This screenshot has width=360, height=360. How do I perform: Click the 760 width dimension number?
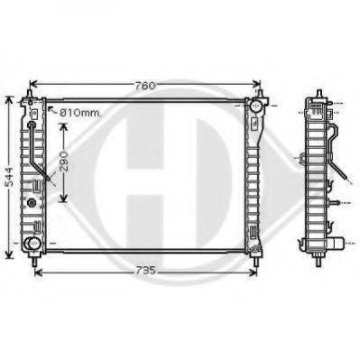pos(145,86)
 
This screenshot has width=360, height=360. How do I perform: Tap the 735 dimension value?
pos(145,271)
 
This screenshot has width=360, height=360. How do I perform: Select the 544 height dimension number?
pos(10,177)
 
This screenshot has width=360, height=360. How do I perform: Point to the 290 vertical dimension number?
pos(63,162)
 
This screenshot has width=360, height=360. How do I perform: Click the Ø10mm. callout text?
pos(80,113)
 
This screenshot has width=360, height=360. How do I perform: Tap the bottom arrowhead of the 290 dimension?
pos(63,198)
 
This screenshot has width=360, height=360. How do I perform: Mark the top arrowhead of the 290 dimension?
pos(63,128)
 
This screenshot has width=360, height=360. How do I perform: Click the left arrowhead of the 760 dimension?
pos(34,84)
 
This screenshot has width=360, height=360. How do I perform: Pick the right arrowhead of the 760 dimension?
pos(256,84)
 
